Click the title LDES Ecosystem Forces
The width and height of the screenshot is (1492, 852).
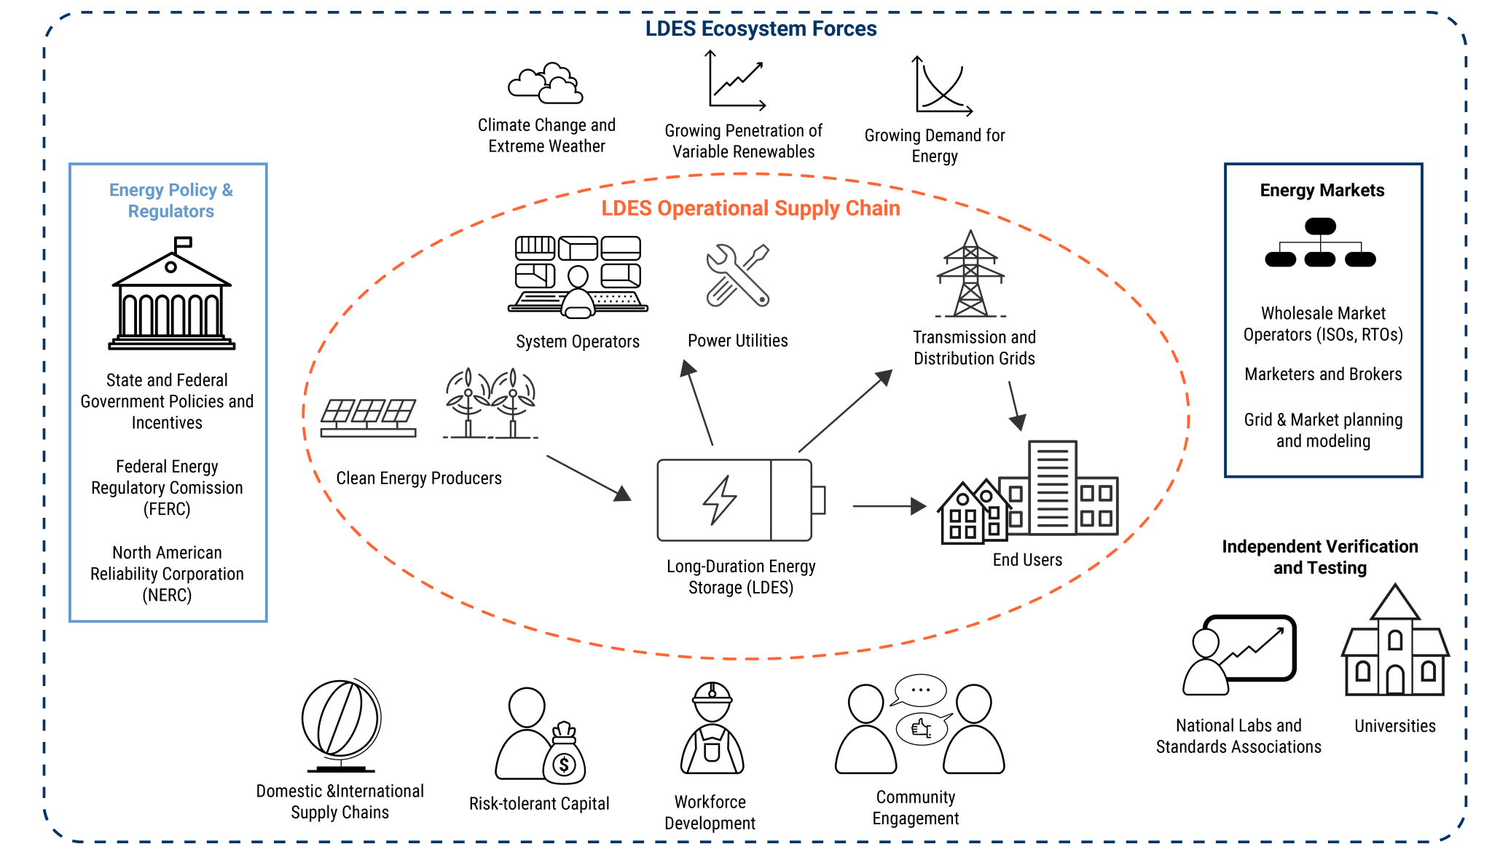pos(761,29)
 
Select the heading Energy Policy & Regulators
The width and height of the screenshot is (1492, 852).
pos(171,200)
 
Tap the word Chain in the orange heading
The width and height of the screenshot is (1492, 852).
pos(877,208)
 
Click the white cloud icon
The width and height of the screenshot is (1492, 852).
pos(546,83)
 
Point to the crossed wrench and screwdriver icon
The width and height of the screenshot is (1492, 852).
pos(738,275)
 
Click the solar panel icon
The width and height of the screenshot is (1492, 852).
pos(369,417)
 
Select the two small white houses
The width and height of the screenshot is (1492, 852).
pos(975,513)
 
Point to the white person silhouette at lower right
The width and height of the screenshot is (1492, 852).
pos(1206,663)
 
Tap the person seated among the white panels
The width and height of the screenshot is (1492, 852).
pos(578,291)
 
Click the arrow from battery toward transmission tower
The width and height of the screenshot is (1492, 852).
pos(845,411)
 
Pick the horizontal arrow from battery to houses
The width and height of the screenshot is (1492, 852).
pos(889,505)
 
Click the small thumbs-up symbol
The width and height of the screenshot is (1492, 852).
pos(922,728)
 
